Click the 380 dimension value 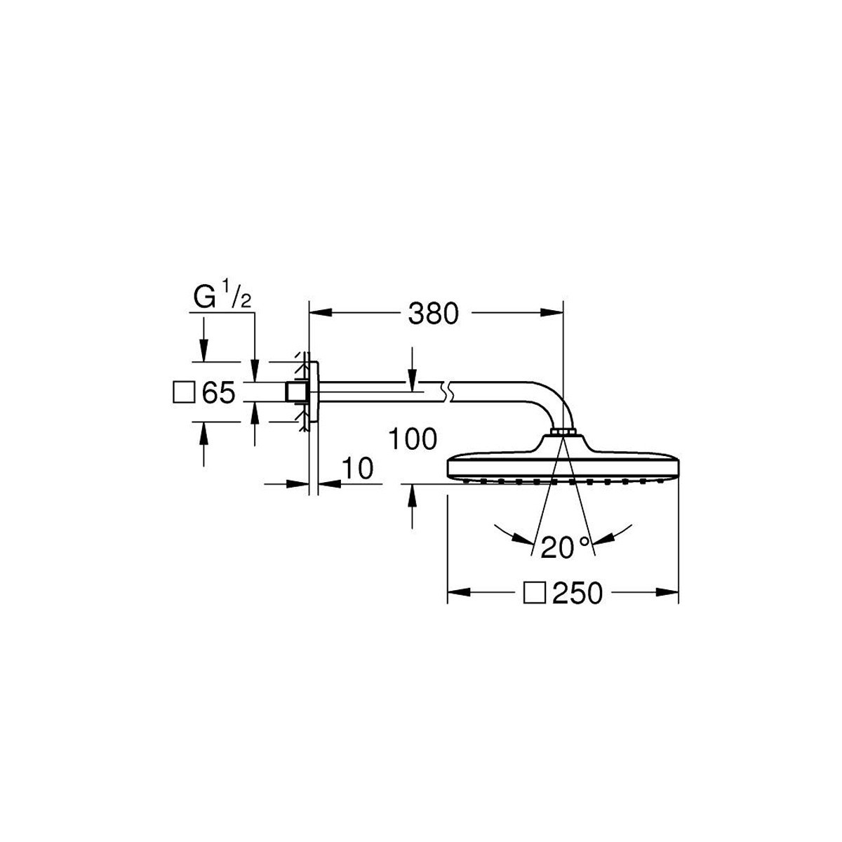(433, 313)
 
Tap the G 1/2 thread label (222, 295)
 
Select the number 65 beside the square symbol (218, 392)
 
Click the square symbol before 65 (184, 392)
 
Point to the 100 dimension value (413, 439)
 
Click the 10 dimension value (357, 469)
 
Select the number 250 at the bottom (577, 594)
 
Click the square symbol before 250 (535, 594)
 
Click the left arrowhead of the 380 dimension (320, 313)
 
